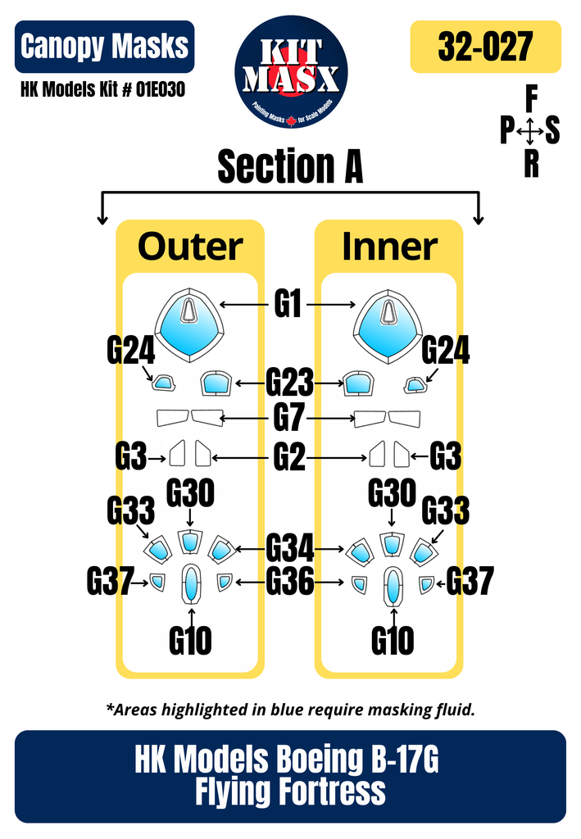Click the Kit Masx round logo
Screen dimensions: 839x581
click(x=291, y=71)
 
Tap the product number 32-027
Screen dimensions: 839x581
click(x=485, y=48)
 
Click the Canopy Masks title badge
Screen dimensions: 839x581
click(x=104, y=47)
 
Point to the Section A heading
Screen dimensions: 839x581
click(x=290, y=167)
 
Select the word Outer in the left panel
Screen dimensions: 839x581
click(x=190, y=247)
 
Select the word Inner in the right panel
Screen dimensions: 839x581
click(x=389, y=247)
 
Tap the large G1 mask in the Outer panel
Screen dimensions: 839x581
click(x=189, y=322)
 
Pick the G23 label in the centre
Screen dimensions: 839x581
click(x=289, y=383)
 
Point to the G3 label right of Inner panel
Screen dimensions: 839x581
click(x=445, y=456)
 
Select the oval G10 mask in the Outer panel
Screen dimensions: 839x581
click(x=190, y=584)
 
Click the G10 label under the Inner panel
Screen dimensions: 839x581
click(x=393, y=640)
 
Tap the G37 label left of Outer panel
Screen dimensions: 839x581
click(x=111, y=583)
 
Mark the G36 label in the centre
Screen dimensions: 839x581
click(x=289, y=583)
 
